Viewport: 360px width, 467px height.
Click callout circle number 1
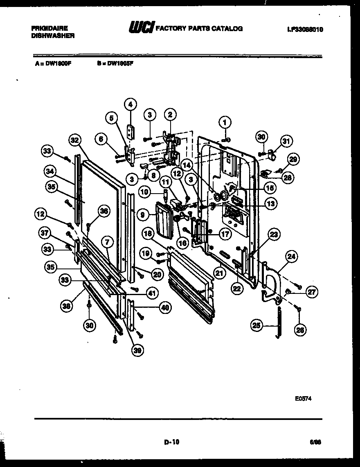pos(224,121)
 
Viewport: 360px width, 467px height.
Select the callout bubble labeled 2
pos(170,115)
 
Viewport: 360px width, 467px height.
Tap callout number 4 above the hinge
pos(130,104)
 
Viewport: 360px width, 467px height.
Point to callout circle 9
pos(143,213)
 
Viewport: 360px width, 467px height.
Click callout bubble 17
pos(225,234)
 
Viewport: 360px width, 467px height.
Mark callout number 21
pos(220,273)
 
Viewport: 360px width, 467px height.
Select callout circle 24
pos(291,257)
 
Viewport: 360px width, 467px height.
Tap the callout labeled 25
pos(256,326)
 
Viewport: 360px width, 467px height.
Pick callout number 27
pos(312,292)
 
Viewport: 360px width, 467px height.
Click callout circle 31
pos(286,141)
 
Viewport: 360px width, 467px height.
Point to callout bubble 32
pos(74,140)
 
